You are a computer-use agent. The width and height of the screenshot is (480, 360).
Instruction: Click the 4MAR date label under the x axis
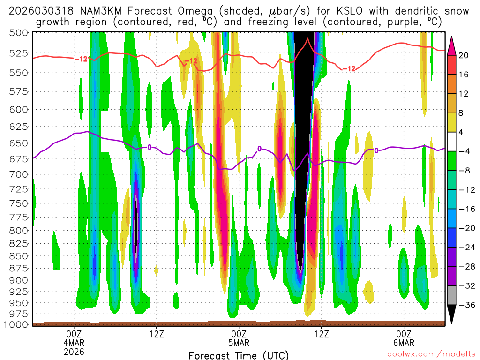coord(74,342)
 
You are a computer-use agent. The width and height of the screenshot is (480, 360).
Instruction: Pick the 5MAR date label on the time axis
coord(239,342)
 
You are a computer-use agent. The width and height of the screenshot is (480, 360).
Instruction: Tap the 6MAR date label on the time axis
coord(404,342)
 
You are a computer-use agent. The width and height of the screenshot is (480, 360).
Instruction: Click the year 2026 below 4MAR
coord(74,351)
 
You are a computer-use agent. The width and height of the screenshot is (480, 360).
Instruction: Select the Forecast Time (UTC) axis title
coord(239,355)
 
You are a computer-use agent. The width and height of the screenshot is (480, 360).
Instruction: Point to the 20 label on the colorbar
coord(463,55)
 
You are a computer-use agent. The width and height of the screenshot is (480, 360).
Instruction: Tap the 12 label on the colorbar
coord(463,94)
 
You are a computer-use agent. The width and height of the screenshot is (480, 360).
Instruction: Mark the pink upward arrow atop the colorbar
coord(452,45)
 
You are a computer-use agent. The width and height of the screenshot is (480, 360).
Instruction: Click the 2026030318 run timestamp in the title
coord(40,10)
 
